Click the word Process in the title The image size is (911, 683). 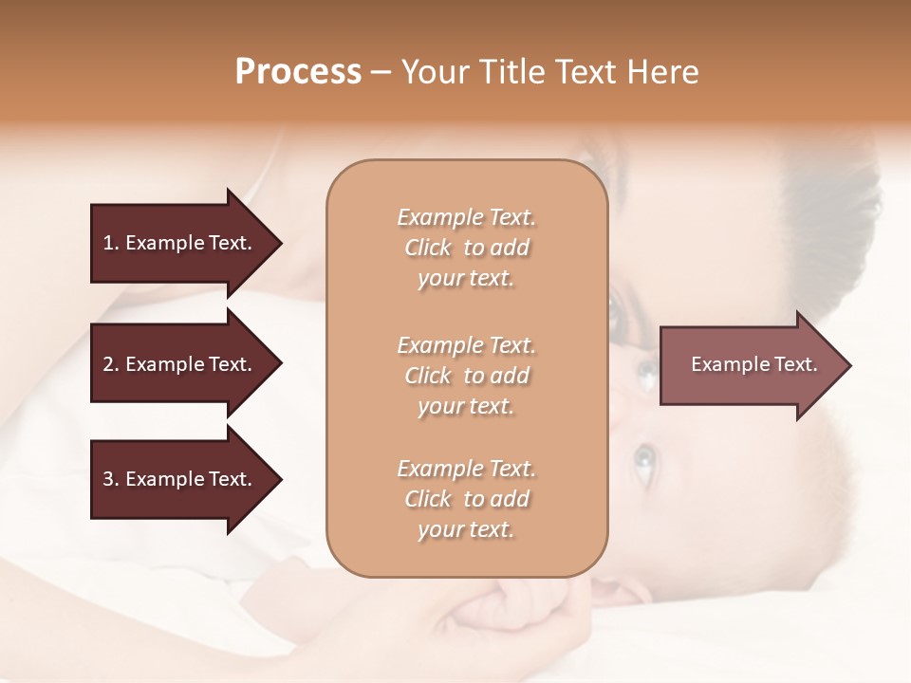click(298, 72)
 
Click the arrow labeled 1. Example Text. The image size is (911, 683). click(180, 243)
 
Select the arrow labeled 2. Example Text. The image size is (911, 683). click(180, 364)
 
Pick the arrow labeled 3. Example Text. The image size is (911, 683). click(180, 479)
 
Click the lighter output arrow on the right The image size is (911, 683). click(750, 365)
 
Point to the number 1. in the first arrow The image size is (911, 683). click(110, 243)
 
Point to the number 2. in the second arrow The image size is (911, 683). click(110, 364)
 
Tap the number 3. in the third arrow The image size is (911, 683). click(110, 479)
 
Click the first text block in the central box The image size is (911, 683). click(466, 248)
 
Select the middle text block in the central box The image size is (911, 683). click(466, 376)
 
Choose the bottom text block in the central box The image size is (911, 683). click(466, 499)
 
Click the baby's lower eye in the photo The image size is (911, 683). click(644, 460)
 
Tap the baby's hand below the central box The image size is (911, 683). click(517, 607)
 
